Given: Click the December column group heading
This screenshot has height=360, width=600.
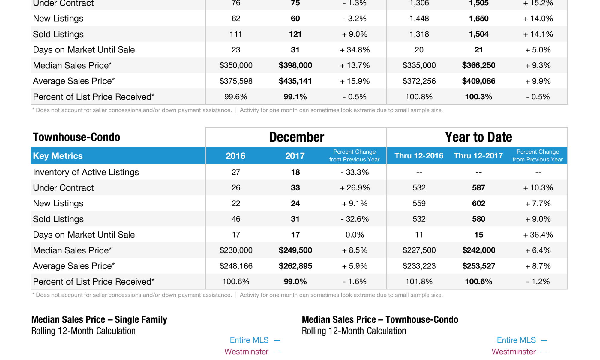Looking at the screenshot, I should click(296, 137).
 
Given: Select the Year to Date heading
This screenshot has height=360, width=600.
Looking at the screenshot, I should click(478, 137).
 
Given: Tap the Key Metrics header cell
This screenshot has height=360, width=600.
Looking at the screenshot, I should click(58, 156).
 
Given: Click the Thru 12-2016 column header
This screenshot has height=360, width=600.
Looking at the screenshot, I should click(419, 156).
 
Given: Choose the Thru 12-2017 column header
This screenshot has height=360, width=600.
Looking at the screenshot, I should click(478, 156).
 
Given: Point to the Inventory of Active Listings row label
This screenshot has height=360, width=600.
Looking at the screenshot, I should click(86, 172).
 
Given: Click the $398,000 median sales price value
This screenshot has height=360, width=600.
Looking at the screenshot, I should click(295, 65).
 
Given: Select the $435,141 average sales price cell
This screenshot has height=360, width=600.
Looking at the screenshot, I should click(295, 81).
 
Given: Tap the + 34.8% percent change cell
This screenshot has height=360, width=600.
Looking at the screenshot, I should click(355, 50).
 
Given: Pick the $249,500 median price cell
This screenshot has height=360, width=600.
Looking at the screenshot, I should click(295, 250).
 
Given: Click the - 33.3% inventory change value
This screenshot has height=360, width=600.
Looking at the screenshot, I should click(355, 172).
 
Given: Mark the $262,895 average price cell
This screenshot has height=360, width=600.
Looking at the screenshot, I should click(295, 266).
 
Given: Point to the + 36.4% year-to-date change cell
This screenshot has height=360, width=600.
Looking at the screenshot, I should click(538, 235).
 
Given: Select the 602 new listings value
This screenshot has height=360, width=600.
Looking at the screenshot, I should click(478, 203).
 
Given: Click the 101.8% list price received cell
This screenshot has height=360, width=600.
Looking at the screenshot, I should click(419, 282).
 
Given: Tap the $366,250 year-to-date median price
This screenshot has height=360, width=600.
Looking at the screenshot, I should click(478, 65).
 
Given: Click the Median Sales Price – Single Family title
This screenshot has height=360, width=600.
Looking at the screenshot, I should click(99, 320).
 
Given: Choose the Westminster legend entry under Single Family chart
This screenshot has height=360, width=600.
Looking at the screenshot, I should click(246, 352).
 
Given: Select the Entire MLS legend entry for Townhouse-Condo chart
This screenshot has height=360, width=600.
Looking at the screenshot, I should click(516, 340).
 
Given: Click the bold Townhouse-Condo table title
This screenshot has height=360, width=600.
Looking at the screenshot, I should click(76, 137).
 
